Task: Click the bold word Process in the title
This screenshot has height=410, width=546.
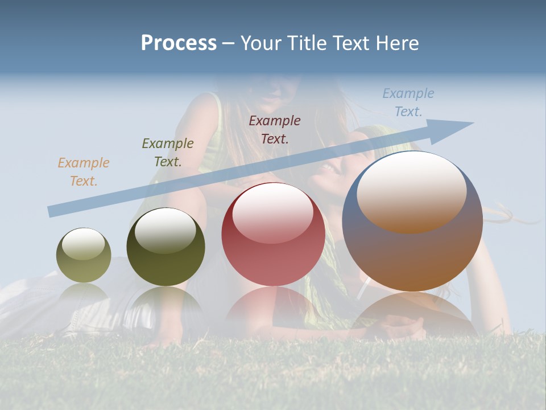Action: [179, 43]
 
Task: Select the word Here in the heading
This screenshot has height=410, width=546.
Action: [398, 43]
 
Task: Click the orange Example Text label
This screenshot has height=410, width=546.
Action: [84, 172]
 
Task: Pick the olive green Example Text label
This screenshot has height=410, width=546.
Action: [167, 153]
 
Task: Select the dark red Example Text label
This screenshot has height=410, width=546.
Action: [275, 129]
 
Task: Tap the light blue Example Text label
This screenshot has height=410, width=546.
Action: [408, 102]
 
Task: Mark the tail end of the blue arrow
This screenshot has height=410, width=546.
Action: [51, 211]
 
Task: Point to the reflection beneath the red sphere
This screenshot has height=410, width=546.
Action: [273, 305]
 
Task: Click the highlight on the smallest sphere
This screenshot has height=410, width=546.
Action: [83, 244]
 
